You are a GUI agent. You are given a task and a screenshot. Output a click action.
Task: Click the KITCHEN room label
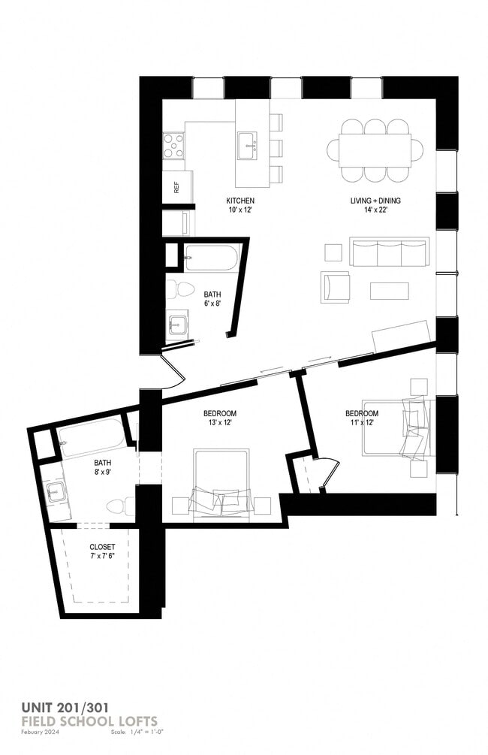pos(240,201)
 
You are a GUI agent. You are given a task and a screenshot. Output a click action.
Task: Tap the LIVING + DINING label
pos(375,201)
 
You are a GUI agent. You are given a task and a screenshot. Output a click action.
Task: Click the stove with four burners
pos(174,145)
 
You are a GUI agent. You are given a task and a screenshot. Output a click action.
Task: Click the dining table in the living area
pos(375,150)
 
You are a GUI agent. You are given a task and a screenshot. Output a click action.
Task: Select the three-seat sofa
pos(389,252)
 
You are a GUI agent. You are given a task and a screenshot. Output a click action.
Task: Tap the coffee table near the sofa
pos(389,291)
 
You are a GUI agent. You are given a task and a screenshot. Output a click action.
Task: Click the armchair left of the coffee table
pos(335,286)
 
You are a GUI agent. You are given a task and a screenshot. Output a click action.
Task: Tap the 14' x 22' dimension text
pos(375,211)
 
